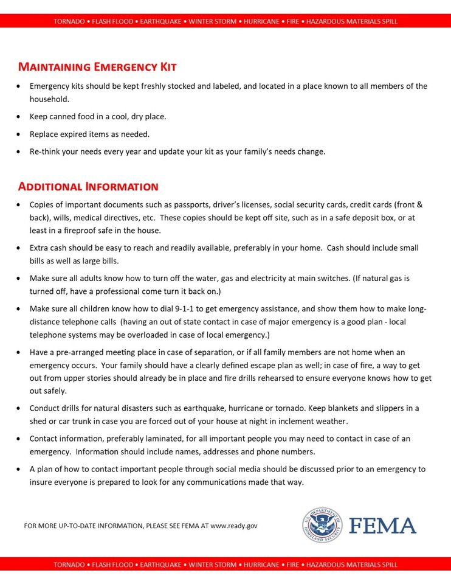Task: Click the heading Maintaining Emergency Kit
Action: pyautogui.click(x=97, y=66)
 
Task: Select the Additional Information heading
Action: pyautogui.click(x=88, y=186)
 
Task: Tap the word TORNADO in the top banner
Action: pyautogui.click(x=69, y=21)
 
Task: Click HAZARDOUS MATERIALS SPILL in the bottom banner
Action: pyautogui.click(x=352, y=565)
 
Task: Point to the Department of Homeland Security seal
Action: pyautogui.click(x=322, y=525)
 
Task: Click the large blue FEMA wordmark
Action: pyautogui.click(x=383, y=526)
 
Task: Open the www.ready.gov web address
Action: pyautogui.click(x=234, y=526)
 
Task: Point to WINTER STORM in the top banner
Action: pyautogui.click(x=213, y=21)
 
